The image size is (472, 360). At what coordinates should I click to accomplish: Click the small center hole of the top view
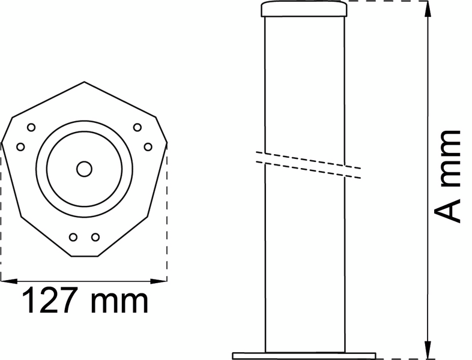click(x=84, y=169)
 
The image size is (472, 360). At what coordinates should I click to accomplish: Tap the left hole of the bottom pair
click(x=73, y=237)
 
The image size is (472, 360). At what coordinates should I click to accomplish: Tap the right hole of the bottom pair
click(x=95, y=237)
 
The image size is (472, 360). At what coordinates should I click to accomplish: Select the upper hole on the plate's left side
click(x=31, y=127)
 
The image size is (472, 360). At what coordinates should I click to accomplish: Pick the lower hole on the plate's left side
click(x=20, y=146)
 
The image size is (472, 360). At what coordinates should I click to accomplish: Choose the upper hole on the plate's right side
click(x=138, y=127)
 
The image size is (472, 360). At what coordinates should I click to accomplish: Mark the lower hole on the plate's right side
click(x=148, y=146)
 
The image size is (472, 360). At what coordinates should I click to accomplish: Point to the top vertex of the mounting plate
click(x=84, y=82)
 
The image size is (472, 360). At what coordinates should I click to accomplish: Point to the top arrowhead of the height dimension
click(x=428, y=7)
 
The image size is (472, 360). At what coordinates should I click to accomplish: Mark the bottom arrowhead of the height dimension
click(x=428, y=353)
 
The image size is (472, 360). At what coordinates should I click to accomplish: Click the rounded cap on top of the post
click(x=304, y=9)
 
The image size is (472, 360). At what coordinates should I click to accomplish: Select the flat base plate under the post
click(x=304, y=355)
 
